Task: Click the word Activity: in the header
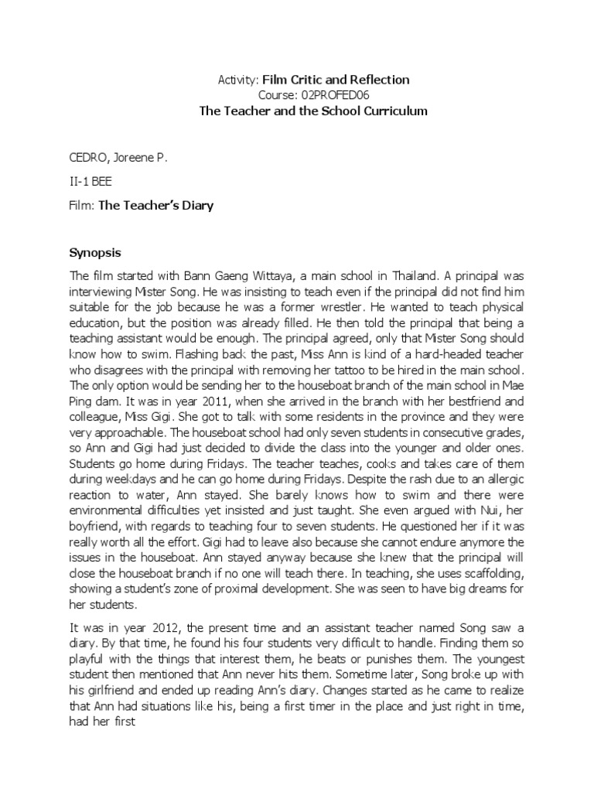(x=236, y=80)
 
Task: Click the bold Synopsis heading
(x=96, y=253)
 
